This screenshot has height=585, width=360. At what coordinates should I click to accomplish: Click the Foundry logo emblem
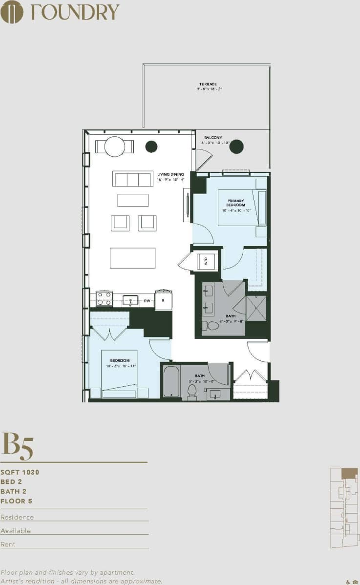point(12,12)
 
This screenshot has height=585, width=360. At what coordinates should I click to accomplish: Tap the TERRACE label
point(208,84)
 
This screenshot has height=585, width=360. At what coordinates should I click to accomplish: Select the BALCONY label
point(213,138)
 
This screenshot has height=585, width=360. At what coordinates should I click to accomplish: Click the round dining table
point(115,146)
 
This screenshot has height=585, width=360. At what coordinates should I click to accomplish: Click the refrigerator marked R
point(163,301)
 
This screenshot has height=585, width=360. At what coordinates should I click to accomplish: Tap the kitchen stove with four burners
point(104,298)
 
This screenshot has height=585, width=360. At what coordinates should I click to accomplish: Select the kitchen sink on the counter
point(131,300)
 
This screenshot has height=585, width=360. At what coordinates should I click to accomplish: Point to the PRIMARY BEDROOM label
point(235,203)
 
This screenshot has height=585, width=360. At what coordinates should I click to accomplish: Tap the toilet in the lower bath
point(192,392)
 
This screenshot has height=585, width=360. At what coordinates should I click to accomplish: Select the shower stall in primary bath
point(256,308)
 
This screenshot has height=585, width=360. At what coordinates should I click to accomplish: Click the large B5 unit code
point(18,446)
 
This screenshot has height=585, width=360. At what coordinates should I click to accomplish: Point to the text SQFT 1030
point(20,472)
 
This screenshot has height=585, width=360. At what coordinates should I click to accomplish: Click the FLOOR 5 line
point(16,501)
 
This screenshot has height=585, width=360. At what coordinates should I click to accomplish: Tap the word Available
point(16,531)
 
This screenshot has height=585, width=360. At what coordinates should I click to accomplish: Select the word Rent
point(8,544)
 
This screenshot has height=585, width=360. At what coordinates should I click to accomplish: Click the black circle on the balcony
point(236,146)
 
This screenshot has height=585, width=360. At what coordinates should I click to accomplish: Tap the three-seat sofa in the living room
point(133,179)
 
